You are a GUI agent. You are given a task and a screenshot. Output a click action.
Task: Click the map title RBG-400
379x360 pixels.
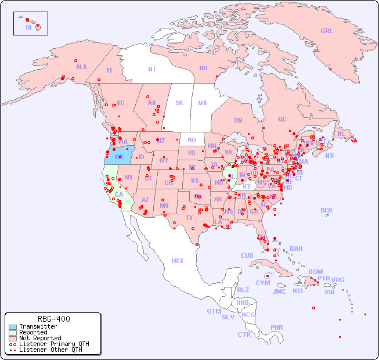53,319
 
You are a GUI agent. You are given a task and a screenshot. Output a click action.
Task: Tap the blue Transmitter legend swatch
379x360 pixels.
12,326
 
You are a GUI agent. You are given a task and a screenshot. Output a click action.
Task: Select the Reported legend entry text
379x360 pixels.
33,332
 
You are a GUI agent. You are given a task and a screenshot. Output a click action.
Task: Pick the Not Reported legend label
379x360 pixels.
39,338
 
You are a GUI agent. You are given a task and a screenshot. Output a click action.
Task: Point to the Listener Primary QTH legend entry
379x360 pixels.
53,344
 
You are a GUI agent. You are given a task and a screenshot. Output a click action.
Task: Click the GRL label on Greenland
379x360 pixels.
327,31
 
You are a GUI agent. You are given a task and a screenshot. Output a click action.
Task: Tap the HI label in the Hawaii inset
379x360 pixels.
28,27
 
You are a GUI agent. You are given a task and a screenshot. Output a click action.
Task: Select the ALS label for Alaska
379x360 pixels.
81,67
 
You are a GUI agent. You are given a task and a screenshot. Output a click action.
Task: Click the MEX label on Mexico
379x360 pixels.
178,261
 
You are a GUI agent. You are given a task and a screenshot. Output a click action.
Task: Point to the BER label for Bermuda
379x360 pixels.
326,210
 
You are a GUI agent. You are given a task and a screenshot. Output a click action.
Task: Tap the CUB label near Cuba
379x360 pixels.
247,255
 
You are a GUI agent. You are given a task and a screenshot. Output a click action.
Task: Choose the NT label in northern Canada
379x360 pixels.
152,69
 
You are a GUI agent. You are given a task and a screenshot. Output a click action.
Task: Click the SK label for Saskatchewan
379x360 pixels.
179,103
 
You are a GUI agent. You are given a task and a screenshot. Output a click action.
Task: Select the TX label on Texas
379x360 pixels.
189,218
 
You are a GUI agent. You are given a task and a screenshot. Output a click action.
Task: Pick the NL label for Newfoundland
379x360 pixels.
341,133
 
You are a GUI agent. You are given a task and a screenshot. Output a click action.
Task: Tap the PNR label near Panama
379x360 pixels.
277,327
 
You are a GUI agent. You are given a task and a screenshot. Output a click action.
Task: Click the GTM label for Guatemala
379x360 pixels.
214,311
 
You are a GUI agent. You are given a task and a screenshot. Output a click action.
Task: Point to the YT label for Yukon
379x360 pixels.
109,70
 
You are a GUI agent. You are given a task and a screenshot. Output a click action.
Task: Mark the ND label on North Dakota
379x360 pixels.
192,140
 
